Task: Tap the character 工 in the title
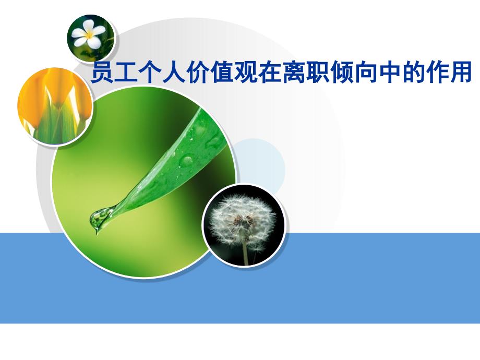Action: click(x=127, y=73)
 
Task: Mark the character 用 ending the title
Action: click(x=460, y=73)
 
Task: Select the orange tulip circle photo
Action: click(x=55, y=107)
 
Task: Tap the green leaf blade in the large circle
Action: click(x=167, y=167)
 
